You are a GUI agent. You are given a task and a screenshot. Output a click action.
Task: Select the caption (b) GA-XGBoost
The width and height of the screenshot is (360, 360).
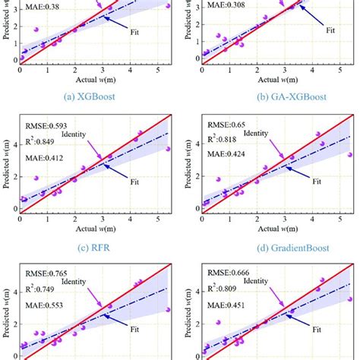pos(270,98)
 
